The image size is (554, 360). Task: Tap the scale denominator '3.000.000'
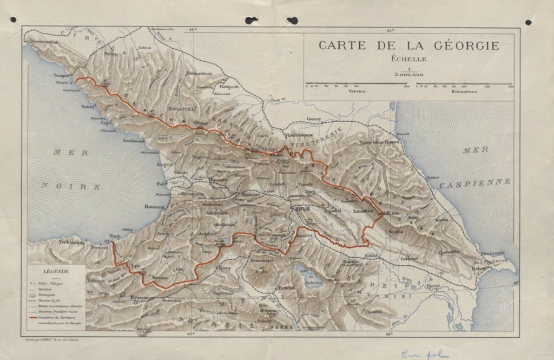coord(408,75)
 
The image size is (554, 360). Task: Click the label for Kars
coord(225,268)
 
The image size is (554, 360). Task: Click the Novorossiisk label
coord(51,41)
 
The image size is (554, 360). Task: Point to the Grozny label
coord(314,119)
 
